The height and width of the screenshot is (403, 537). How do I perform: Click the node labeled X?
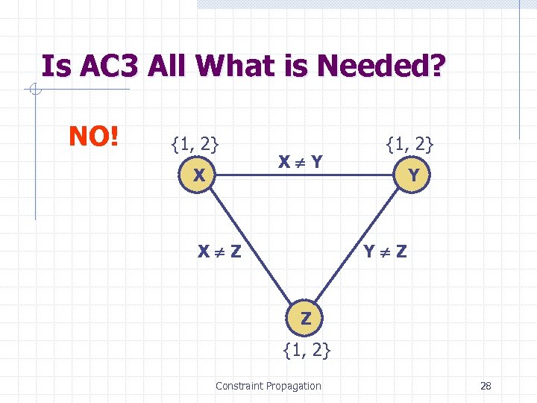198,176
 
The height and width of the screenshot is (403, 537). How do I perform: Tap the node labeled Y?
412,176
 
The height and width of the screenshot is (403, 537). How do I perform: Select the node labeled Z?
306,319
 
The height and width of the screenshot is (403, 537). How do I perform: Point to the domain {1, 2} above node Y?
409,142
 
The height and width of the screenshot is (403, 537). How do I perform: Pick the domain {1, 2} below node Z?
307,349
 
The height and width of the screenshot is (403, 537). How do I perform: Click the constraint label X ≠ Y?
301,161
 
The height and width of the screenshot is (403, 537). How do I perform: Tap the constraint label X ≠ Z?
219,252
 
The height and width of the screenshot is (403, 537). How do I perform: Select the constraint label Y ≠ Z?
385,252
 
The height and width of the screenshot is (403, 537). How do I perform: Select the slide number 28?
486,386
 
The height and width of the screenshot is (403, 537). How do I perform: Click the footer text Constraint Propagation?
268,386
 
